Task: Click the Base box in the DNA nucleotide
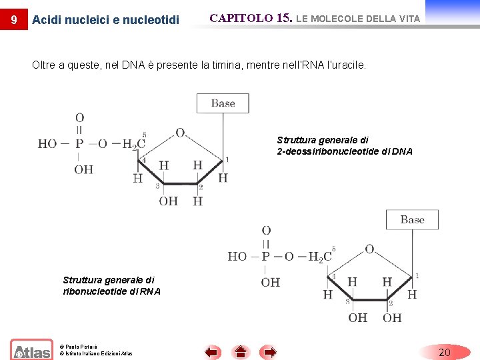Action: (x=223, y=103)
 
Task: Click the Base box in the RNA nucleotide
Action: (x=412, y=219)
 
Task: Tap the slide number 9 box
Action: (x=14, y=19)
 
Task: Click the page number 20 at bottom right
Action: (x=445, y=351)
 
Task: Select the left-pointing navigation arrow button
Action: (x=212, y=351)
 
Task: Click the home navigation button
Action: (x=241, y=351)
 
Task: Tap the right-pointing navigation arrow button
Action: (x=269, y=351)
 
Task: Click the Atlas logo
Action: (x=31, y=350)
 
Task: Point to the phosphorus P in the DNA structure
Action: (x=79, y=143)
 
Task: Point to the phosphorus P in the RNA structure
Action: (x=266, y=256)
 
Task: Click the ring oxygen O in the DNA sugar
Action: (x=180, y=133)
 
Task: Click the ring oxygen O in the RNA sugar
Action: (x=369, y=249)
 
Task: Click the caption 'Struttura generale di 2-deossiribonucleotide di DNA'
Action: (x=344, y=146)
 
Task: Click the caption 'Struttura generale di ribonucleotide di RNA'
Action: (x=111, y=286)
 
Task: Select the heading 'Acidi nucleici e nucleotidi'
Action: (x=105, y=20)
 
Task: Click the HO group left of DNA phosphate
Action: (x=47, y=143)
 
